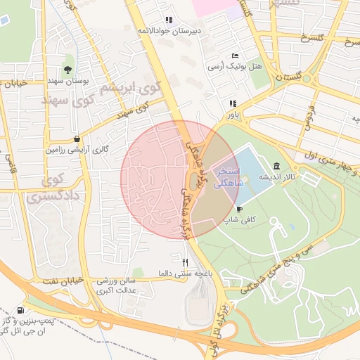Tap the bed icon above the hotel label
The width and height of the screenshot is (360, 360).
[x=235, y=56]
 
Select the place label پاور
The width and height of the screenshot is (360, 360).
[x=232, y=114]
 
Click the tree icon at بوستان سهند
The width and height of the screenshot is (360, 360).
[x=67, y=70]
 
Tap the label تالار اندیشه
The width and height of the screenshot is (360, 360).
[x=277, y=176]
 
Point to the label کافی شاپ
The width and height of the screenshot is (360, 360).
[x=240, y=220]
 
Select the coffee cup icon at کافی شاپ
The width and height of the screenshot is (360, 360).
[x=240, y=210]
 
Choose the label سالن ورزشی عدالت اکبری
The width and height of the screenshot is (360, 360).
[x=115, y=285]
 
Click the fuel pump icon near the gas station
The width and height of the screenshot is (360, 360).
[x=20, y=310]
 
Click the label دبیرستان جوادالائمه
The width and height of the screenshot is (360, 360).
[x=168, y=31]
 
